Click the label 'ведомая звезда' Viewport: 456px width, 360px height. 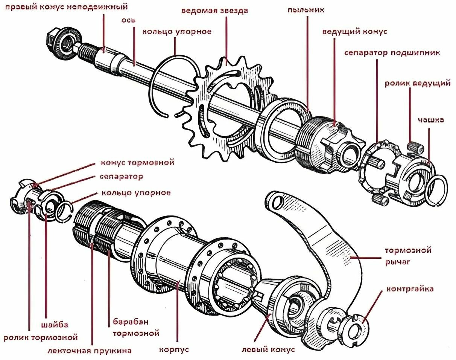coord(214,11)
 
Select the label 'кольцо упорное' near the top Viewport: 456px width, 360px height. coord(176,32)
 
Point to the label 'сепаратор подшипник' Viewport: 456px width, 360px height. coord(392,52)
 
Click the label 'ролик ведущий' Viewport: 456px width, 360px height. coord(417,83)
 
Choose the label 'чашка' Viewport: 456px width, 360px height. coord(431,120)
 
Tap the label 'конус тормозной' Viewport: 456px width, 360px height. coord(138,163)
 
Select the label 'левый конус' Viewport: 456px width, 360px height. coord(268,349)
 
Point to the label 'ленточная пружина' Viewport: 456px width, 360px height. coord(90,351)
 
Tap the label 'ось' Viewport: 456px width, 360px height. coord(131,20)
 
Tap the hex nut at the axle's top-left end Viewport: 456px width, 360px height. coord(55,39)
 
